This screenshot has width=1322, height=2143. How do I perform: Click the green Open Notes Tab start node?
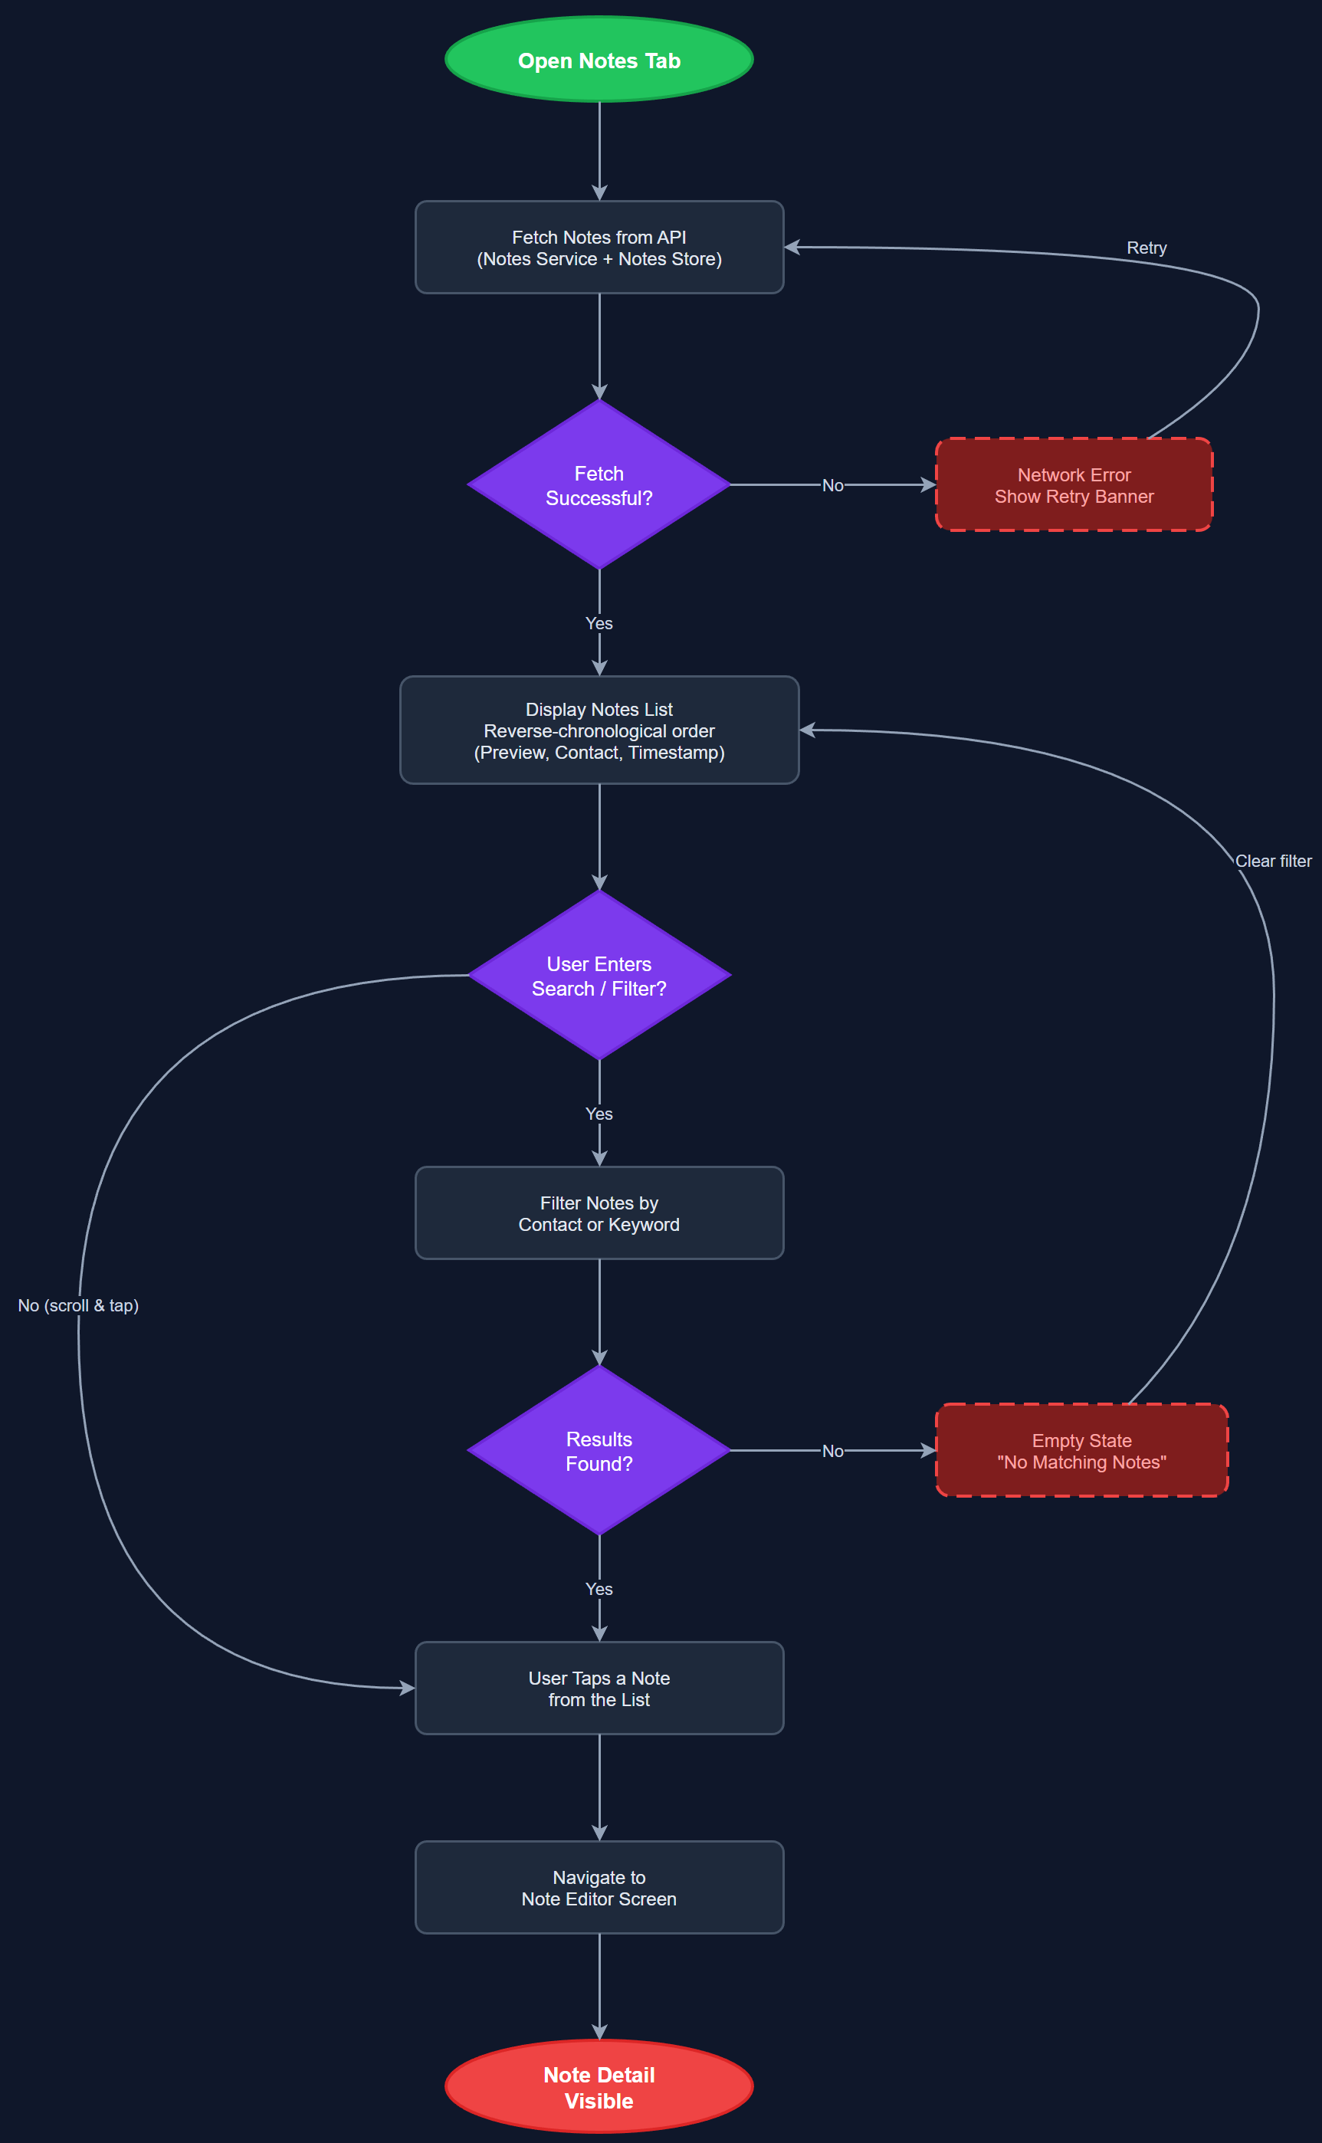click(x=599, y=60)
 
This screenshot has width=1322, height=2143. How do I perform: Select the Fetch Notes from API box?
click(x=599, y=248)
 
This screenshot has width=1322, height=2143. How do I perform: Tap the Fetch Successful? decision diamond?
click(x=599, y=484)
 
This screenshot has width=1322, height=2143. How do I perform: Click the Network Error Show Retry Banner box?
click(x=1074, y=484)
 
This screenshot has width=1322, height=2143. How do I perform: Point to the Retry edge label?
click(x=1146, y=248)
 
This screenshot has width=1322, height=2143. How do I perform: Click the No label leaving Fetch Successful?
click(x=832, y=485)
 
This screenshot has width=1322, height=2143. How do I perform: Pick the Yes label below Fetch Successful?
click(x=599, y=623)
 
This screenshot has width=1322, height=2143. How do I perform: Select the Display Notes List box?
click(x=599, y=730)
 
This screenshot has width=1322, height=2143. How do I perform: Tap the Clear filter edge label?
click(x=1273, y=861)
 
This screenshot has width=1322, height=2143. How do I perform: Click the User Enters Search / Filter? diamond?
click(x=599, y=975)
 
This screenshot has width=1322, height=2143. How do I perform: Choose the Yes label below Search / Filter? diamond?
click(x=599, y=1114)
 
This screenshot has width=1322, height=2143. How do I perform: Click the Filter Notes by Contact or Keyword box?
click(x=599, y=1213)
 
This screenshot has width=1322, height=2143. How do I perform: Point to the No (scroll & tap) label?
click(x=79, y=1305)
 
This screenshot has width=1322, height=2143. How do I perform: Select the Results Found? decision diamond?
click(x=599, y=1451)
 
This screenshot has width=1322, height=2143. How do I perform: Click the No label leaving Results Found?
click(x=832, y=1452)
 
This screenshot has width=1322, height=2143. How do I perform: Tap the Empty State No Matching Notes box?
click(x=1081, y=1451)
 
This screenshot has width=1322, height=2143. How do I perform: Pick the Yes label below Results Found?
click(x=599, y=1589)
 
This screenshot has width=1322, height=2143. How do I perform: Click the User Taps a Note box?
click(x=599, y=1688)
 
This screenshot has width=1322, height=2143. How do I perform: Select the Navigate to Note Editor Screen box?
click(x=599, y=1888)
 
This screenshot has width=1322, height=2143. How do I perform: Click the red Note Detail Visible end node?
click(x=599, y=2087)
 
